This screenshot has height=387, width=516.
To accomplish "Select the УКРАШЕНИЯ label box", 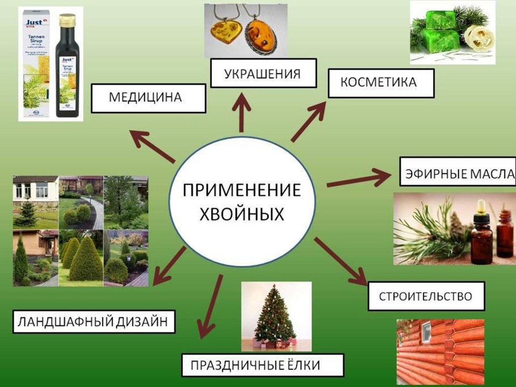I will point(263,74).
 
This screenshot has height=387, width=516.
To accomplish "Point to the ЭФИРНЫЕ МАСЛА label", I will point(459,173).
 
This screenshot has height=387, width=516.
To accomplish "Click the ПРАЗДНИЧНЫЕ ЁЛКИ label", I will point(263,364).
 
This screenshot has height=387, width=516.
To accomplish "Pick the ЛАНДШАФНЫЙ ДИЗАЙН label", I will point(94,321).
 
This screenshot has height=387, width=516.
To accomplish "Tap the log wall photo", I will point(441,352).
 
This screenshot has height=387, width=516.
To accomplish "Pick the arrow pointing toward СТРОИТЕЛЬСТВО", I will point(340,260).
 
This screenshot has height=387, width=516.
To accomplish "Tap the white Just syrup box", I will point(37,65).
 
